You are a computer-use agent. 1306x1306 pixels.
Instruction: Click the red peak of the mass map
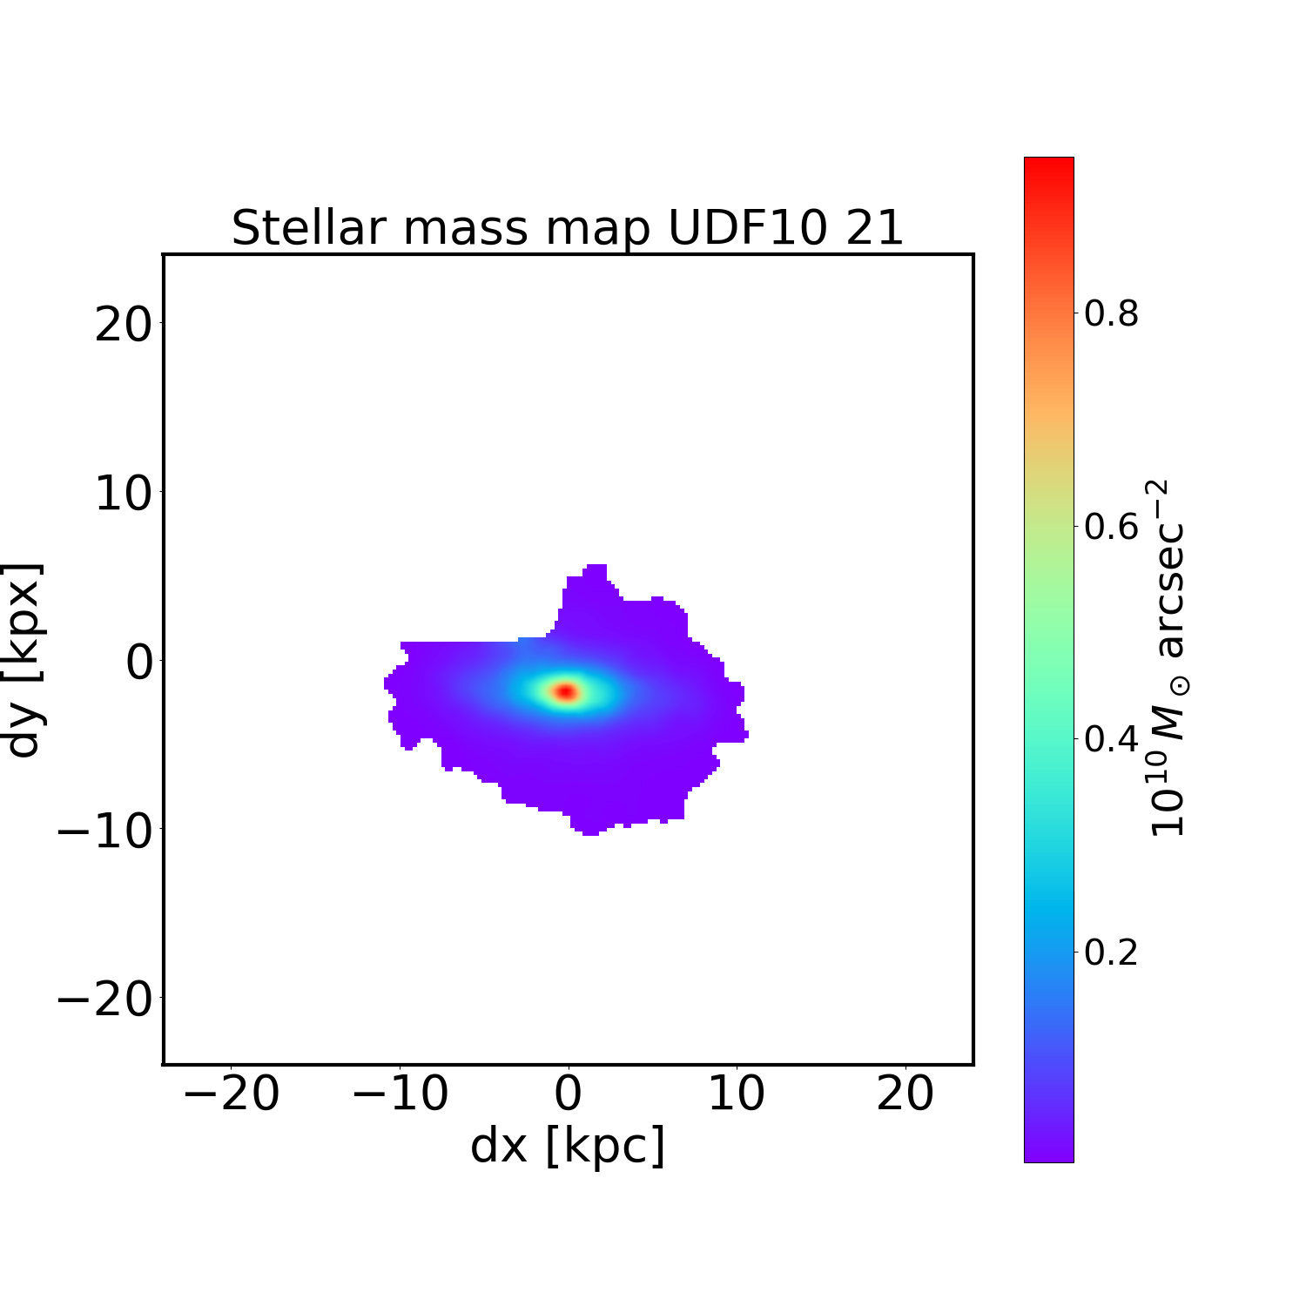pyautogui.click(x=566, y=691)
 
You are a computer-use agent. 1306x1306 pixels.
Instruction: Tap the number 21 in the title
pyautogui.click(x=873, y=228)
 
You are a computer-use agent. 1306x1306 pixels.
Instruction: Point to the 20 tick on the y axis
pyautogui.click(x=123, y=326)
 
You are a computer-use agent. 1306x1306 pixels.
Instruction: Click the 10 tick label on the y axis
pyautogui.click(x=123, y=495)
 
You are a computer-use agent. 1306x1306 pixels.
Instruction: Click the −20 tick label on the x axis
pyautogui.click(x=231, y=1094)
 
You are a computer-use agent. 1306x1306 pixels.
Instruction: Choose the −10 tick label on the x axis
pyautogui.click(x=400, y=1094)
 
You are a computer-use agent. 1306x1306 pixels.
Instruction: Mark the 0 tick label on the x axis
pyautogui.click(x=568, y=1094)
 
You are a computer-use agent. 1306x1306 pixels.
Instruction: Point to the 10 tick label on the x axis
pyautogui.click(x=737, y=1094)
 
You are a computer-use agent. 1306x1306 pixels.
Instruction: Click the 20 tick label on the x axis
pyautogui.click(x=905, y=1094)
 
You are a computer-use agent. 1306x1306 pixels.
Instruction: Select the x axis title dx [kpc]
pyautogui.click(x=568, y=1145)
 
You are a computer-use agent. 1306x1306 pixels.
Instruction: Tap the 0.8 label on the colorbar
pyautogui.click(x=1111, y=314)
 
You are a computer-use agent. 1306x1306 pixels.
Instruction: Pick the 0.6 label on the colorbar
pyautogui.click(x=1111, y=528)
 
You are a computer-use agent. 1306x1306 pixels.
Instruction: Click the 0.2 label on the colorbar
pyautogui.click(x=1111, y=953)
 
